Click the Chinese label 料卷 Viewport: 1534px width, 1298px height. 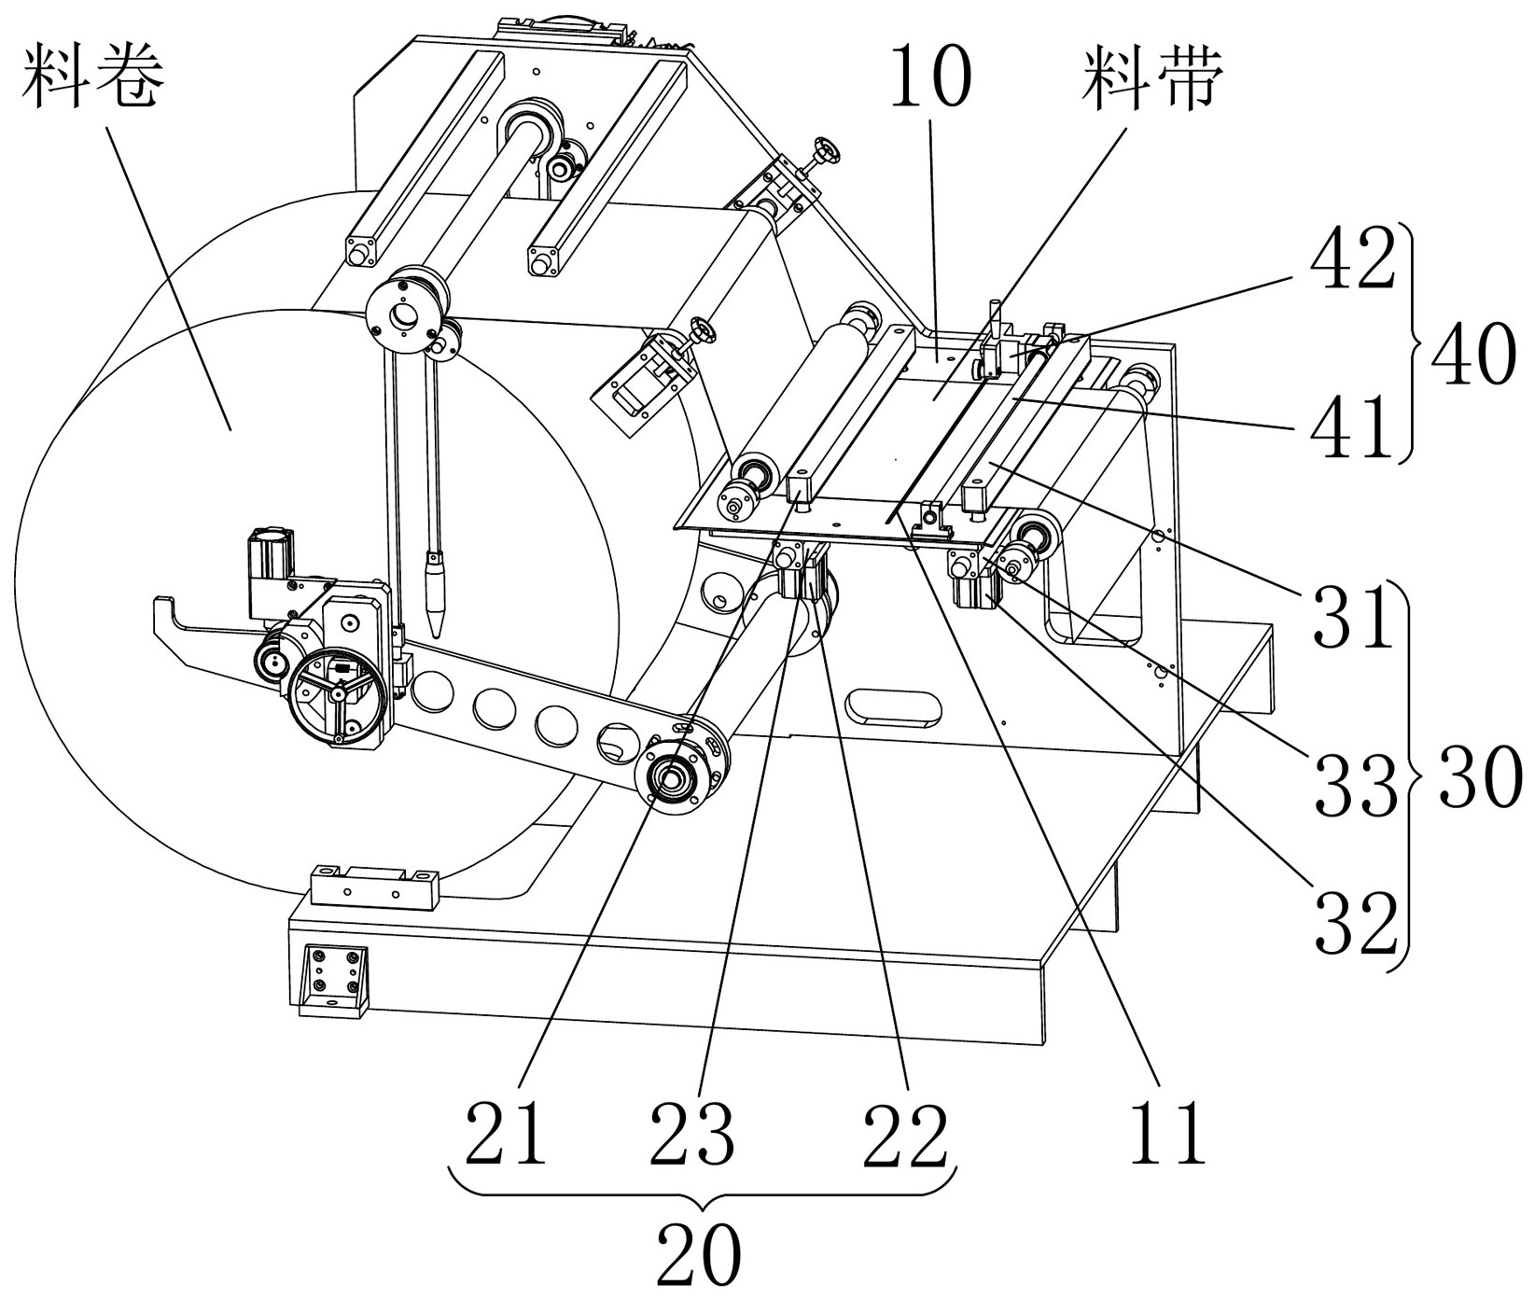click(x=94, y=77)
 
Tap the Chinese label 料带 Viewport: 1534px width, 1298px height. click(x=1151, y=77)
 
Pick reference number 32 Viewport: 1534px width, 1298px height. click(x=1357, y=922)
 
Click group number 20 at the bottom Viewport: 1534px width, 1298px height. click(x=699, y=1252)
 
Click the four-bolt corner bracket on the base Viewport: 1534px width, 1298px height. click(x=333, y=980)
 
